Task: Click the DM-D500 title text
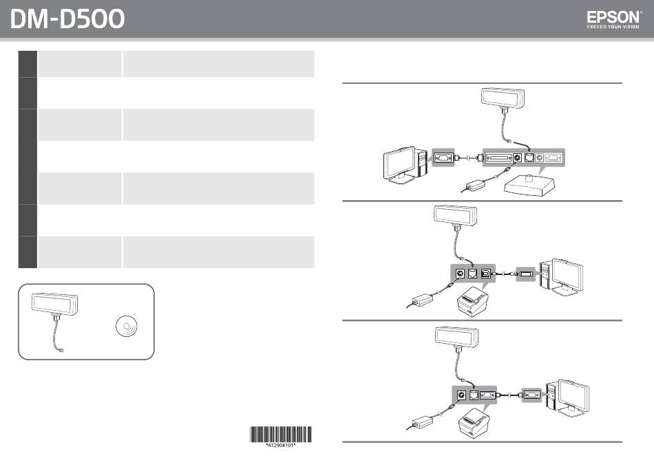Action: coord(67,19)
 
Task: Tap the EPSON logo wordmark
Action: coord(613,17)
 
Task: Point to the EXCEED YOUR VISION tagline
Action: coord(613,27)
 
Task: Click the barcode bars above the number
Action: coord(281,434)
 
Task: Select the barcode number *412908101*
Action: coord(281,445)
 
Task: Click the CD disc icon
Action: coord(127,325)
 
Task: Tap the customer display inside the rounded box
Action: coord(54,304)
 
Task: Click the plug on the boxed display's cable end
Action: coord(61,350)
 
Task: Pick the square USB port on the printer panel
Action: coord(486,274)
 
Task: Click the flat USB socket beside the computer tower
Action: coord(526,274)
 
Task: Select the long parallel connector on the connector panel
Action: coord(498,158)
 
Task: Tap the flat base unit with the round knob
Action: coord(529,185)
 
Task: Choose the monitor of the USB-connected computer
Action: coord(567,275)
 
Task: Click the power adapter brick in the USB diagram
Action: coord(422,300)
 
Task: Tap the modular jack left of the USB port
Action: coord(472,274)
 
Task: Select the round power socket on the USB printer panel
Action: coord(461,274)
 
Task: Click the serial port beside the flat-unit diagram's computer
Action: coord(443,158)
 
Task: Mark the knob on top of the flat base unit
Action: coord(529,178)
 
